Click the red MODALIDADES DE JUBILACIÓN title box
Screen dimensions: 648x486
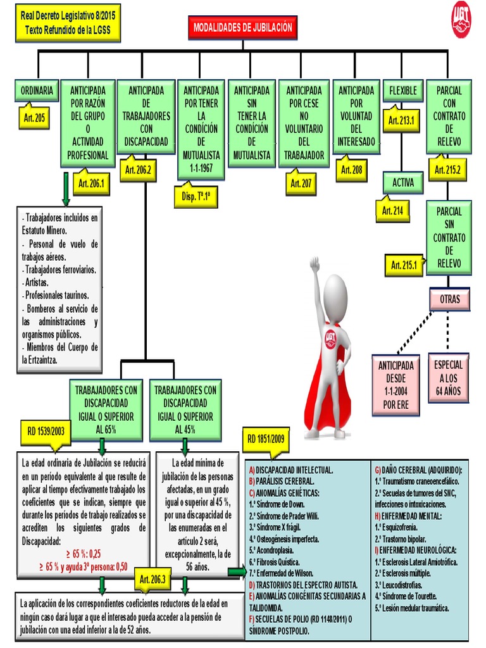point(242,28)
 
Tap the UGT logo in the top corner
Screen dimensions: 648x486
point(461,19)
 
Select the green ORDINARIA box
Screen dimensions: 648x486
point(37,90)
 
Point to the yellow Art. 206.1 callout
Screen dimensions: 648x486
point(92,184)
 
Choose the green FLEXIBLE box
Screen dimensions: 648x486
point(403,90)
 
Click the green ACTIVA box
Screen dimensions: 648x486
point(403,183)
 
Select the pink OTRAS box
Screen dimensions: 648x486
point(450,299)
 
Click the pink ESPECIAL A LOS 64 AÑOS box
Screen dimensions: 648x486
point(449,378)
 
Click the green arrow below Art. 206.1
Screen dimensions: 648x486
point(66,190)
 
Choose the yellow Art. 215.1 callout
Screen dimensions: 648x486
point(404,265)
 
